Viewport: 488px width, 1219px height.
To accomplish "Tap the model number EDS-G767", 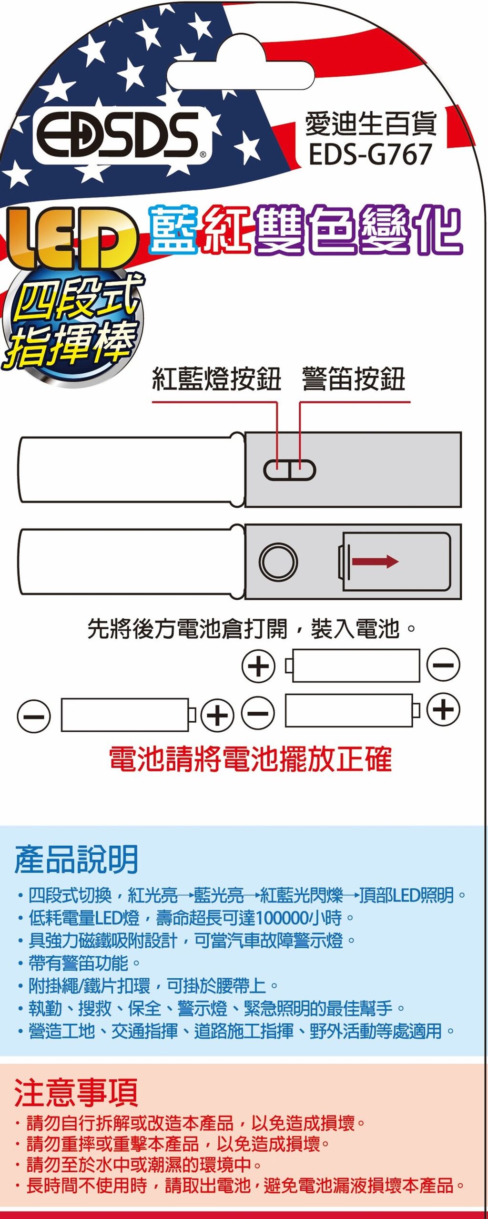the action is pos(370,154).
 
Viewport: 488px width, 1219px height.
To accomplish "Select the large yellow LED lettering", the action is pos(71,238).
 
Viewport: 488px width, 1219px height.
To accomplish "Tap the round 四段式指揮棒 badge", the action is pos(71,324).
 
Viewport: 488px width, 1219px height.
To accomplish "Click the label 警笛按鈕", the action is pos(354,379).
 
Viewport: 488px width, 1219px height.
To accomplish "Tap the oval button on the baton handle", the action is pos(289,471).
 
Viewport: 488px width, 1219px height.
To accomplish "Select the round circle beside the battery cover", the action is pos(278,561).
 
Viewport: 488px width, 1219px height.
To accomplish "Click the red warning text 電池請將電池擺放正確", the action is pos(250,759).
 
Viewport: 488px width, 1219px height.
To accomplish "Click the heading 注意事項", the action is pos(76,1092).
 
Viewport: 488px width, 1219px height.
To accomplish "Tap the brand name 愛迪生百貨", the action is pos(370,123).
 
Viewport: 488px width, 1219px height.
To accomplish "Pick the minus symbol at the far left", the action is pos(34,716).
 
